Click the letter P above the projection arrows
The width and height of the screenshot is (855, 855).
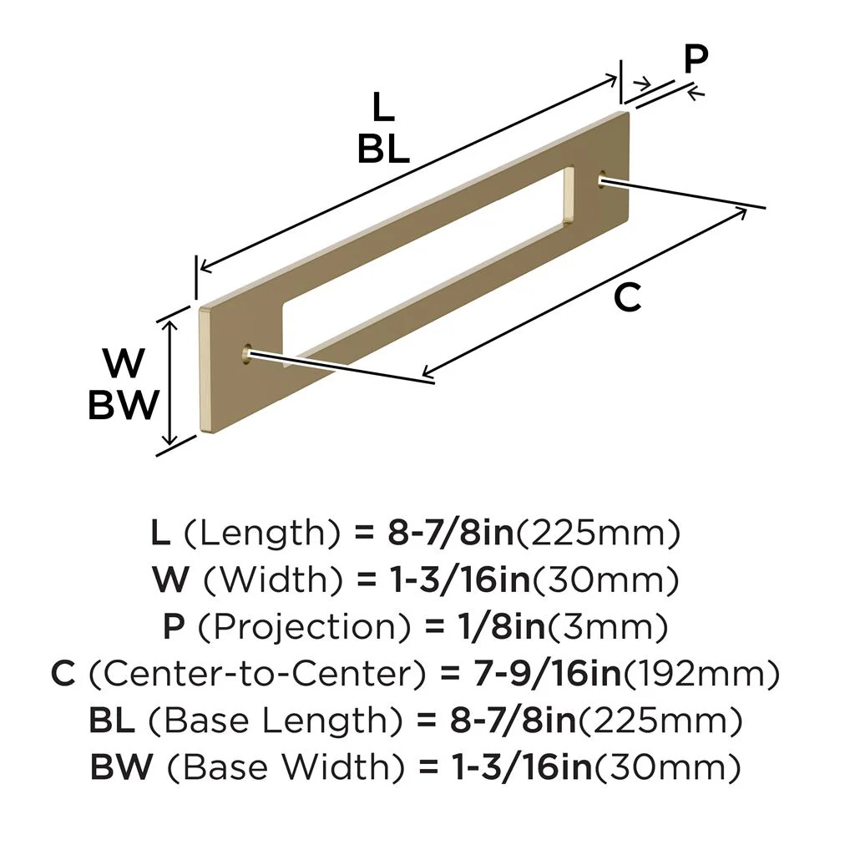pos(696,59)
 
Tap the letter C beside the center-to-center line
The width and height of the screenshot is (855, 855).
pos(627,298)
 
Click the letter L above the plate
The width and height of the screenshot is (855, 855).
pos(382,108)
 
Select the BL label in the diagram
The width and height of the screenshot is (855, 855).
pos(383,149)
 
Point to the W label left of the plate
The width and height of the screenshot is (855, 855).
pos(124,364)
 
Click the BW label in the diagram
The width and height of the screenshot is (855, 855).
pos(124,407)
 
